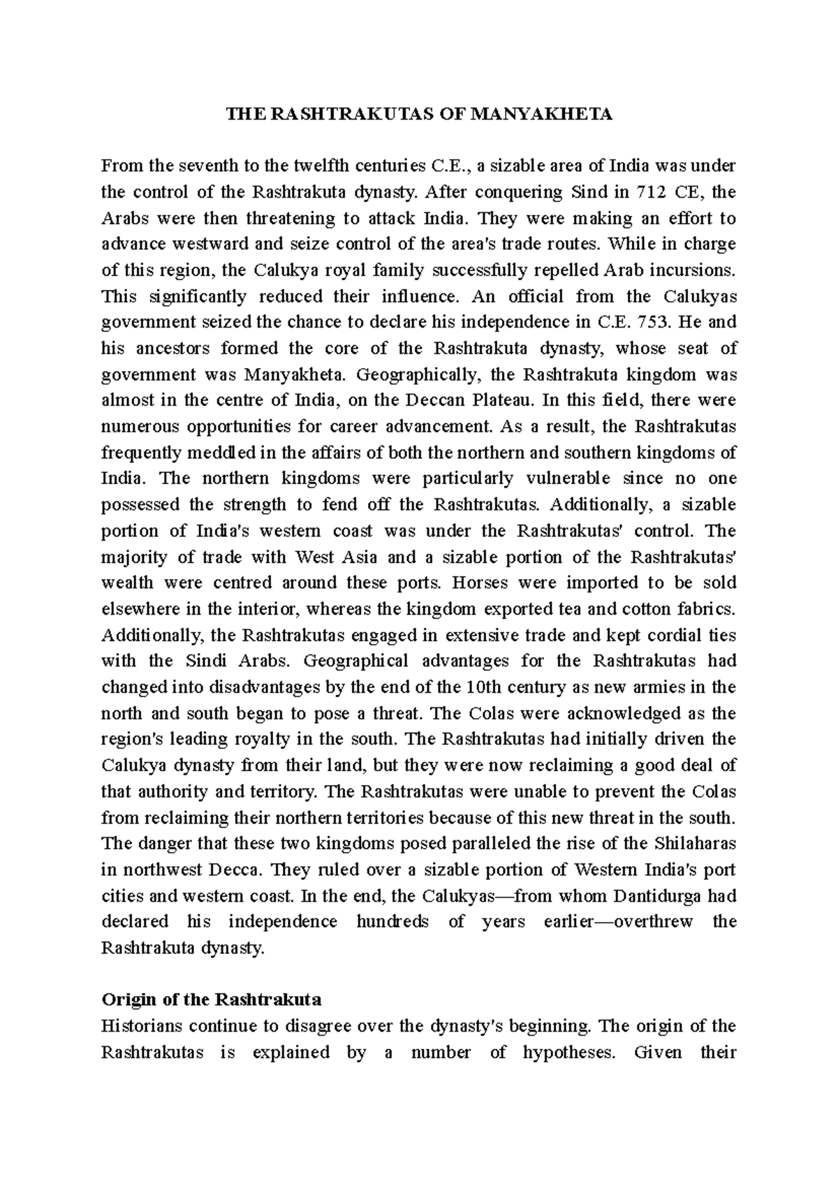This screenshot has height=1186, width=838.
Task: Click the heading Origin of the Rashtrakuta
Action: pyautogui.click(x=212, y=1000)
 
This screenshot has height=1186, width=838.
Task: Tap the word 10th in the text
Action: pyautogui.click(x=482, y=687)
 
